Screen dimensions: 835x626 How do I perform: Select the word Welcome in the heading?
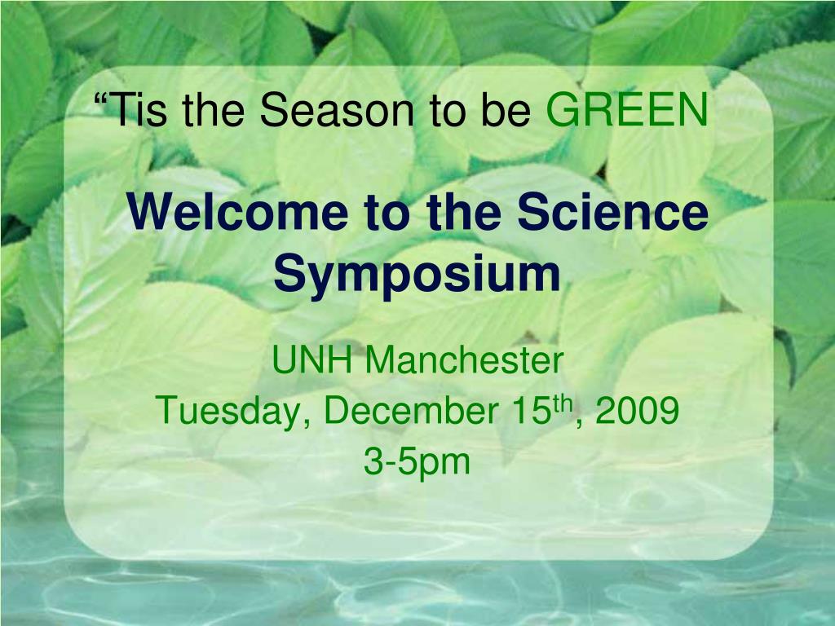pyautogui.click(x=237, y=212)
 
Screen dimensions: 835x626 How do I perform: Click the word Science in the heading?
pyautogui.click(x=612, y=212)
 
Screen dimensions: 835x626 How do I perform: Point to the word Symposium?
pyautogui.click(x=417, y=275)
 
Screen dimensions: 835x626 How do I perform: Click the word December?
pyautogui.click(x=411, y=411)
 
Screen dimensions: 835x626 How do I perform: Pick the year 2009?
pyautogui.click(x=637, y=411)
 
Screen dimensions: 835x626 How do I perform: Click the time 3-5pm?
pyautogui.click(x=417, y=463)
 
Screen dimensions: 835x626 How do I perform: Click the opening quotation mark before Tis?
pyautogui.click(x=99, y=98)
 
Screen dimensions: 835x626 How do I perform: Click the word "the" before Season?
pyautogui.click(x=213, y=109)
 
